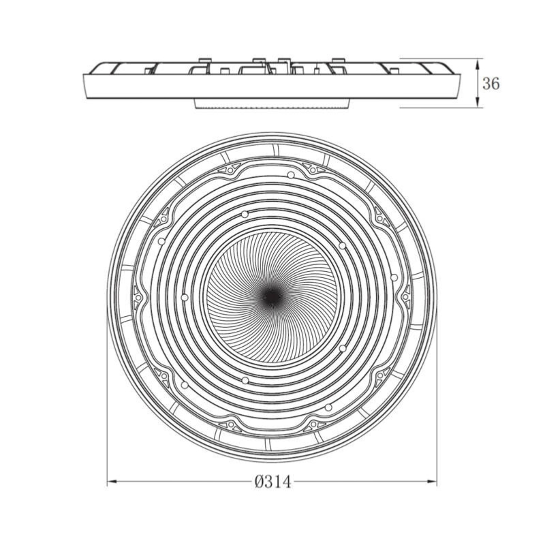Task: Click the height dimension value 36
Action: coord(490,84)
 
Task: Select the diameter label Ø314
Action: coord(273,482)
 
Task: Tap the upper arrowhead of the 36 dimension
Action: coord(478,63)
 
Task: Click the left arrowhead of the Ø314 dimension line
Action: coord(112,482)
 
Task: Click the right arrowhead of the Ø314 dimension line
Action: coord(431,482)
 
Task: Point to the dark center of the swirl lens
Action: coord(272,296)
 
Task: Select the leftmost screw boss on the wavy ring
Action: coord(138,298)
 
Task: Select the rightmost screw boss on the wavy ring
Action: coord(406,297)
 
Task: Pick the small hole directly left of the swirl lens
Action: coord(185,298)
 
